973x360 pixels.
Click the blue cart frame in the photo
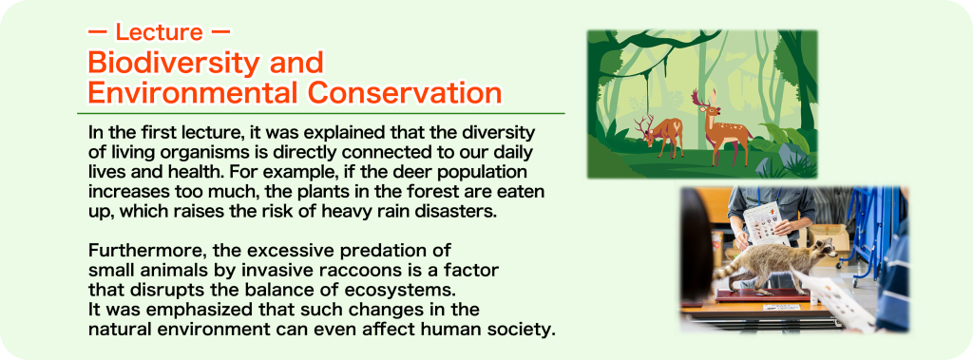[869, 235]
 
